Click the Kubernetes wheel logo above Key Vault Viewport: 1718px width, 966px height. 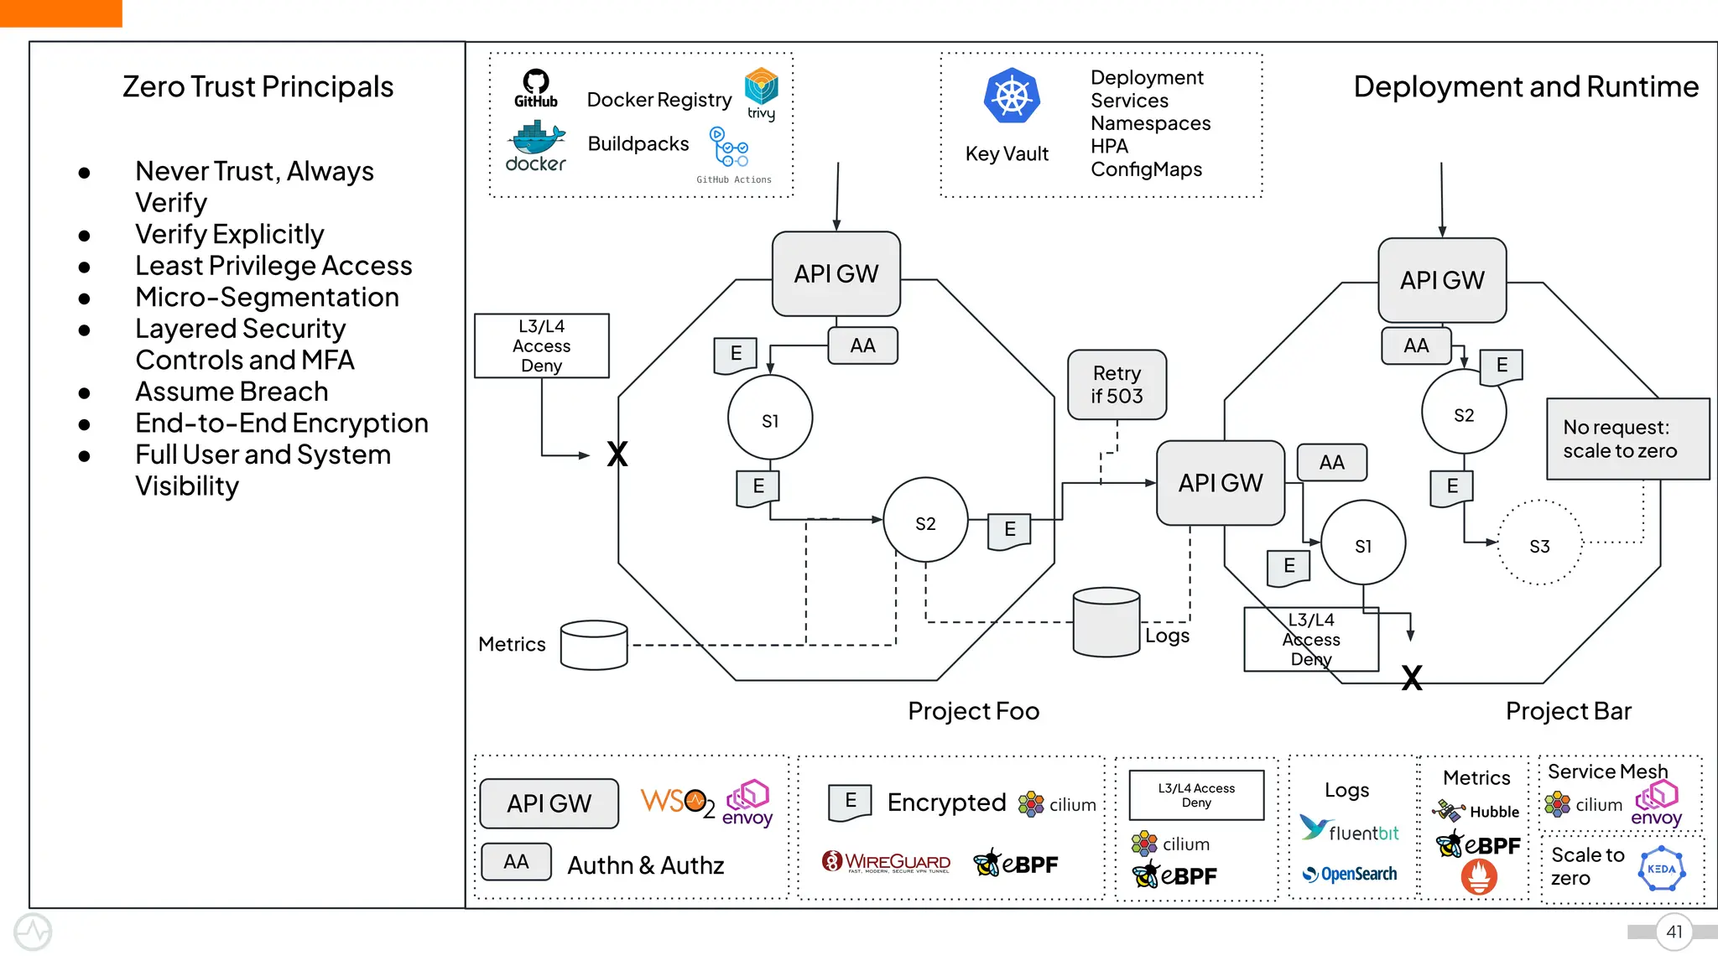coord(1012,96)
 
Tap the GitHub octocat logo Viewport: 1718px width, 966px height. coord(536,83)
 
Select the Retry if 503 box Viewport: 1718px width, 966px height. coord(1117,385)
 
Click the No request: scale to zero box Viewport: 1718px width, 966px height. coord(1627,439)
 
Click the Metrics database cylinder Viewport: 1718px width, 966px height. coord(594,645)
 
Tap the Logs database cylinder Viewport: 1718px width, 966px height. coord(1106,622)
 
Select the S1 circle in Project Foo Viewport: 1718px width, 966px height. coord(769,418)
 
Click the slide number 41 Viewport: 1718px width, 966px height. coord(1674,932)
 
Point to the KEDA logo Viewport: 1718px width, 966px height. coord(1661,870)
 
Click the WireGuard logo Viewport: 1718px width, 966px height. coord(887,862)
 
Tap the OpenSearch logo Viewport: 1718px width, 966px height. coord(1350,874)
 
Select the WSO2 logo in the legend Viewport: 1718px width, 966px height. coord(677,802)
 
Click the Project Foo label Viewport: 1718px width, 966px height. coord(973,711)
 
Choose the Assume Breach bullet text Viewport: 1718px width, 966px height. coord(232,392)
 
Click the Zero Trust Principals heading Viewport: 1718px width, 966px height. coord(258,87)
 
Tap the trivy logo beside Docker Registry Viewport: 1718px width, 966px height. coord(761,92)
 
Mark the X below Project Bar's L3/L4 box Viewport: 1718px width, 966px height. coord(1412,678)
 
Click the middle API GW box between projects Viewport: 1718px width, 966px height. coord(1220,483)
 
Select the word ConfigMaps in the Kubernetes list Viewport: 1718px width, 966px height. coord(1146,169)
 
